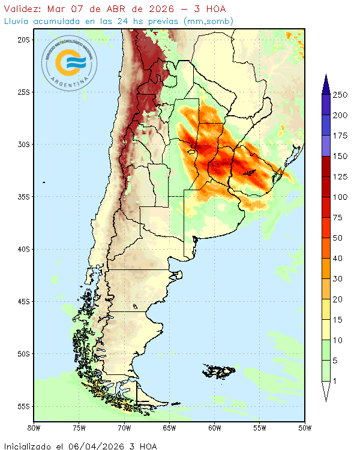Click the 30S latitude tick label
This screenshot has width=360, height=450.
(x=24, y=145)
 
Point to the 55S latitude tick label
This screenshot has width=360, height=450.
(x=24, y=406)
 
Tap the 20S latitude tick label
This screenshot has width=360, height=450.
(x=24, y=40)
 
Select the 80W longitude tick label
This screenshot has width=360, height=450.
(x=34, y=428)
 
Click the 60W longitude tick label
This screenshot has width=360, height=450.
(x=214, y=428)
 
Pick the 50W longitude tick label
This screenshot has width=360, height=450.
(x=305, y=428)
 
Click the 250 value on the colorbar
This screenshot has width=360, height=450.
(x=341, y=95)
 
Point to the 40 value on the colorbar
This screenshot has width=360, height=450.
(x=338, y=259)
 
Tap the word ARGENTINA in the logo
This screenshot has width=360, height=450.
(x=70, y=84)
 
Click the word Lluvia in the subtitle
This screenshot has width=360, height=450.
(x=17, y=21)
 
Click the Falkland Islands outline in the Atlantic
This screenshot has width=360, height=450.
(x=219, y=370)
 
